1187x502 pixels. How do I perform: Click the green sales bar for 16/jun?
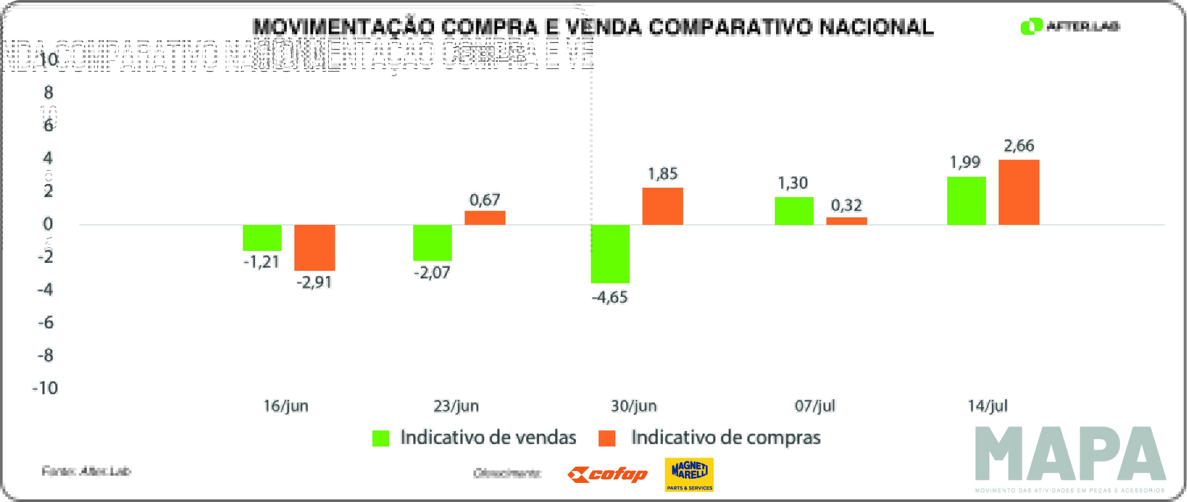point(262,238)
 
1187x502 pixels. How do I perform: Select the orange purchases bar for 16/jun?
point(314,247)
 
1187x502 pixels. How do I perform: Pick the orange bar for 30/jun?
point(662,206)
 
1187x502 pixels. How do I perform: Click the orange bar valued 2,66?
point(1018,192)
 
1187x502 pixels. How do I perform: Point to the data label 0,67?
point(484,200)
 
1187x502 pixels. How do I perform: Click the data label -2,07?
point(432,273)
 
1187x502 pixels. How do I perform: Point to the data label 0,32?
point(846,205)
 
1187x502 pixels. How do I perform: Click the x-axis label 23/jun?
point(456,406)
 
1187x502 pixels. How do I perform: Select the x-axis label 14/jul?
point(987,406)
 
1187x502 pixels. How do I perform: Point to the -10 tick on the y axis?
point(45,388)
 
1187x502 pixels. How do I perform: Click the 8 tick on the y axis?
point(48,93)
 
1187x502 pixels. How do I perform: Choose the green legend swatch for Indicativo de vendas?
point(381,438)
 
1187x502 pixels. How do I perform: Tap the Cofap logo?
point(607,474)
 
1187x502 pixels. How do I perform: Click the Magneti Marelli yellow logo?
point(689,474)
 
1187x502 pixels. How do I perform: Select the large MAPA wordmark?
point(1070,454)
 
